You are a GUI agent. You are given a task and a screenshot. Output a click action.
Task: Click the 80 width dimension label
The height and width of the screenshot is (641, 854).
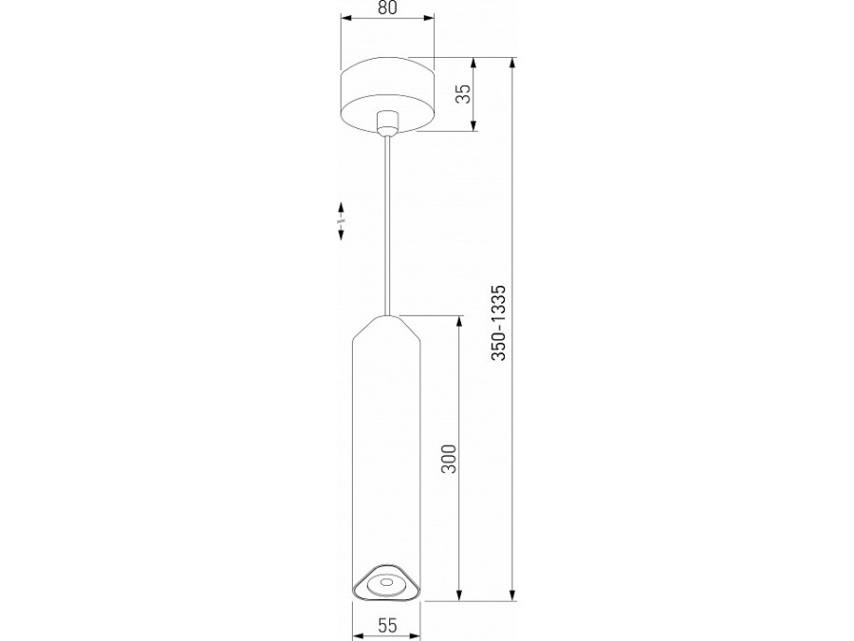point(387,8)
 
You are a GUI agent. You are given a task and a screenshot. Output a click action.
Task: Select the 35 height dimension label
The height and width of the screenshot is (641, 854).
point(463,96)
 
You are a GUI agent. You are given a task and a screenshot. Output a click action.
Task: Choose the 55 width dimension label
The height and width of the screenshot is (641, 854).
point(387,626)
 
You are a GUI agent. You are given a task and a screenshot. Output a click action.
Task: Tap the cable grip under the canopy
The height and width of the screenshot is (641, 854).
point(386,123)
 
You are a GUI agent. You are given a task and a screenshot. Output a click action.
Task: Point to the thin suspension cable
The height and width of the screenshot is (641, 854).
point(386,228)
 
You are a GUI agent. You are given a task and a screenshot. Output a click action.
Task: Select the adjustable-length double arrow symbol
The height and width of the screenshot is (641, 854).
point(340,220)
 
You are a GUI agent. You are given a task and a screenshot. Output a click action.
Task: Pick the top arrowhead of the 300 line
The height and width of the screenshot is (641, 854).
point(461,320)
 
